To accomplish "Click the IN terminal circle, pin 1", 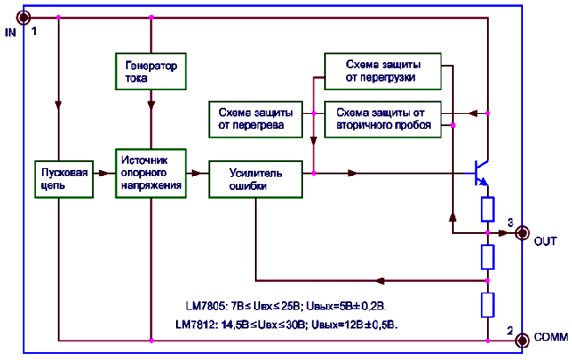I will tap(24, 17).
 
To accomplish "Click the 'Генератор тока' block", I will tap(151, 72).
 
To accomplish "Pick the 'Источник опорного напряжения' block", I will tap(151, 173).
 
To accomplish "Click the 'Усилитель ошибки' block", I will tap(255, 180).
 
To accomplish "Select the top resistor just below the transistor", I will tap(488, 208).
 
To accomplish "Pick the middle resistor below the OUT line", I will tap(488, 257).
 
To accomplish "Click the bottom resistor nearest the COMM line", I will tap(488, 304).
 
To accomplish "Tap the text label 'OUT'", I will tap(546, 241).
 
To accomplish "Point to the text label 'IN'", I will tap(11, 32).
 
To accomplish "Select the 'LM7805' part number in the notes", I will tap(205, 306).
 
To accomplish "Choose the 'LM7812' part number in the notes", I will tap(197, 324).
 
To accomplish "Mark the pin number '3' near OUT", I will tap(509, 221).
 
